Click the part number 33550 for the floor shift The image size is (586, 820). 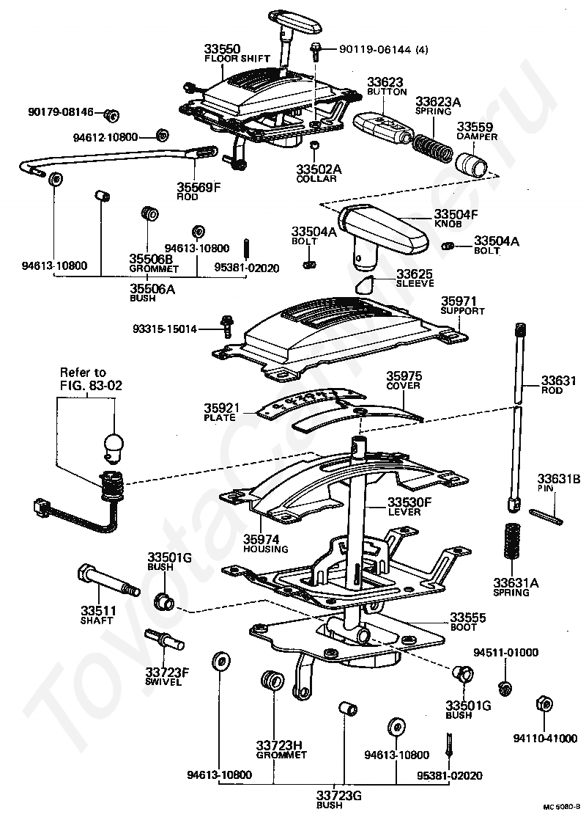pyautogui.click(x=222, y=49)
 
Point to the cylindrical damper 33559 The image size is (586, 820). pyautogui.click(x=472, y=164)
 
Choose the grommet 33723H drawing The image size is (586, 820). pyautogui.click(x=272, y=681)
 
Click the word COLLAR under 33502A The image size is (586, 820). pyautogui.click(x=317, y=179)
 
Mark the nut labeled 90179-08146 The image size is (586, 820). pyautogui.click(x=111, y=114)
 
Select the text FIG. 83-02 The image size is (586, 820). pyautogui.click(x=91, y=385)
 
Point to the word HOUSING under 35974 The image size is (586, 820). pyautogui.click(x=266, y=549)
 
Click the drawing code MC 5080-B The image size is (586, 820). pyautogui.click(x=561, y=808)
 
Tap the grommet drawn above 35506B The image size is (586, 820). pyautogui.click(x=150, y=213)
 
